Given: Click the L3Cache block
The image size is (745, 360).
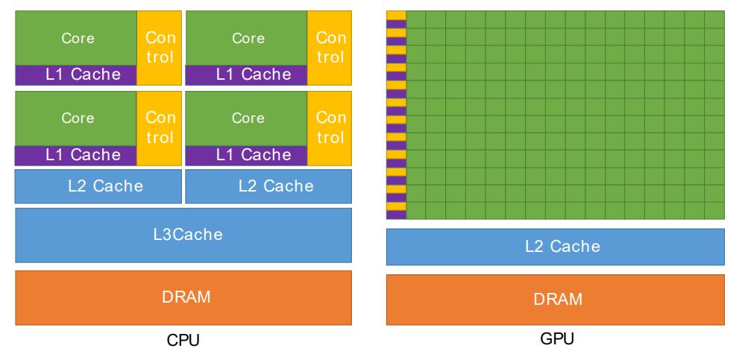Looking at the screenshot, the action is [183, 235].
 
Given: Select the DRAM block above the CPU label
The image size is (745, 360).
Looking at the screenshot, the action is [183, 298].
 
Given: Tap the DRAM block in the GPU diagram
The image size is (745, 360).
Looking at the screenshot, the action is [556, 300].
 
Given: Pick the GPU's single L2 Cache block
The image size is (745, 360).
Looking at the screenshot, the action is [556, 247].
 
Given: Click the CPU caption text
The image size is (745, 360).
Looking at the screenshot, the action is [183, 341].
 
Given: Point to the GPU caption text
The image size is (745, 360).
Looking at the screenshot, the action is [557, 339].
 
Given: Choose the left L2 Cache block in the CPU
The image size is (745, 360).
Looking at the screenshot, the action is [98, 186].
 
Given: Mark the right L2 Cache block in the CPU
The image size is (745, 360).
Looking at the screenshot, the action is [268, 186].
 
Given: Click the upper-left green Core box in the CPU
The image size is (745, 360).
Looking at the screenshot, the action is [76, 38].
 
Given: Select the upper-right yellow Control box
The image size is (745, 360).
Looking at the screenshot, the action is [330, 48].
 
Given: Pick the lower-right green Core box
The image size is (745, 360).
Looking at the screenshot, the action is [246, 119].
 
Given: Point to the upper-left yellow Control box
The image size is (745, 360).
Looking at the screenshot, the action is [159, 48].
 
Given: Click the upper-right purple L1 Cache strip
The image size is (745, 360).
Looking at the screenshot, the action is [246, 75].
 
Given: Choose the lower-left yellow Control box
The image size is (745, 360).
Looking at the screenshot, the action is [159, 128].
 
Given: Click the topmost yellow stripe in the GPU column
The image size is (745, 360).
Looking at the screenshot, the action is [396, 15].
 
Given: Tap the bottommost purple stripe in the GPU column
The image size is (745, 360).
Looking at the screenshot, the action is [396, 215].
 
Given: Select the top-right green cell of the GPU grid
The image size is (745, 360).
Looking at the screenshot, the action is [714, 19].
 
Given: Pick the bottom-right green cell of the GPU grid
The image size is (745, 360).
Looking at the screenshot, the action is [714, 211].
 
